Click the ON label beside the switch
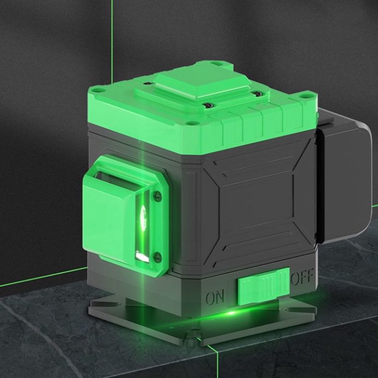(215, 296)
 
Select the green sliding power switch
(264, 286)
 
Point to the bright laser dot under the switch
(231, 313)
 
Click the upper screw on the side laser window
(158, 195)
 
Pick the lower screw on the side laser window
(157, 256)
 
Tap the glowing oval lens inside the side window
(143, 214)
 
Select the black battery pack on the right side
(344, 176)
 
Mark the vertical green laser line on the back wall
(112, 42)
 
